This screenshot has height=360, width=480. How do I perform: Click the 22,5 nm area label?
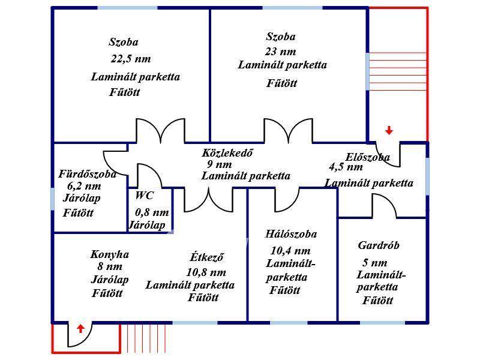pos(130,59)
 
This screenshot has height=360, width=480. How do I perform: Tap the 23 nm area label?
pos(280,52)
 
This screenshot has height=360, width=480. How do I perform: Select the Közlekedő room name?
pos(227,152)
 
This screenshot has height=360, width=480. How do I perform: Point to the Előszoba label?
pos(368,157)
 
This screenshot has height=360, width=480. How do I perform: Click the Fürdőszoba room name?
pos(87,174)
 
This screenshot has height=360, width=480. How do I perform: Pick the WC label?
pos(145,196)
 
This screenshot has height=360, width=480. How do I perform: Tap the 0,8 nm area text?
pos(152,212)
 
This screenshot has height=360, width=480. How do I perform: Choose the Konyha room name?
pos(110,254)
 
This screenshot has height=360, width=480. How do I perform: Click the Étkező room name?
pos(207,257)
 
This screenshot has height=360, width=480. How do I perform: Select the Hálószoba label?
pos(291,234)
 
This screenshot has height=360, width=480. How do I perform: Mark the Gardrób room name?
pos(379,245)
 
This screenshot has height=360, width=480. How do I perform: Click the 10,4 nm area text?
pos(291,251)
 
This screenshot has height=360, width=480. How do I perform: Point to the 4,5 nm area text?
pos(346,167)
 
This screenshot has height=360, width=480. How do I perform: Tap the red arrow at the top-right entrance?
pos(389,130)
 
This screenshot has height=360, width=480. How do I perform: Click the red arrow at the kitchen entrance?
pos(80,328)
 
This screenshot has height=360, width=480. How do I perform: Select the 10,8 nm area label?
pos(206,272)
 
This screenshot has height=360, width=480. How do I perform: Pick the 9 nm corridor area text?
pos(220,164)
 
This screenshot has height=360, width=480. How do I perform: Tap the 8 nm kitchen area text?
pos(109,267)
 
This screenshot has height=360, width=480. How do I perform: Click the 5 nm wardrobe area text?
pos(375,263)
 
